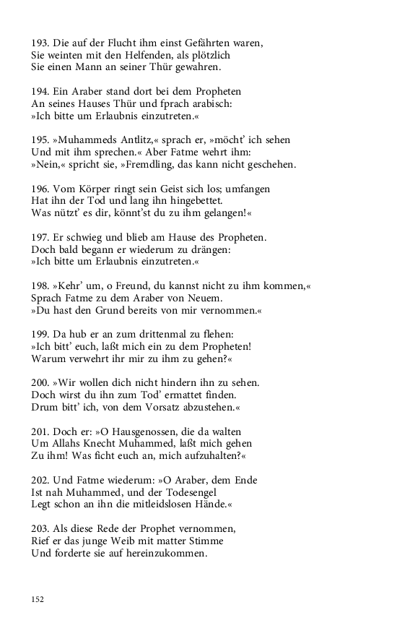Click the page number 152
click(x=38, y=598)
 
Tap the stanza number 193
click(x=40, y=43)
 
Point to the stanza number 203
click(x=40, y=529)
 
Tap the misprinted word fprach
click(x=149, y=104)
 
